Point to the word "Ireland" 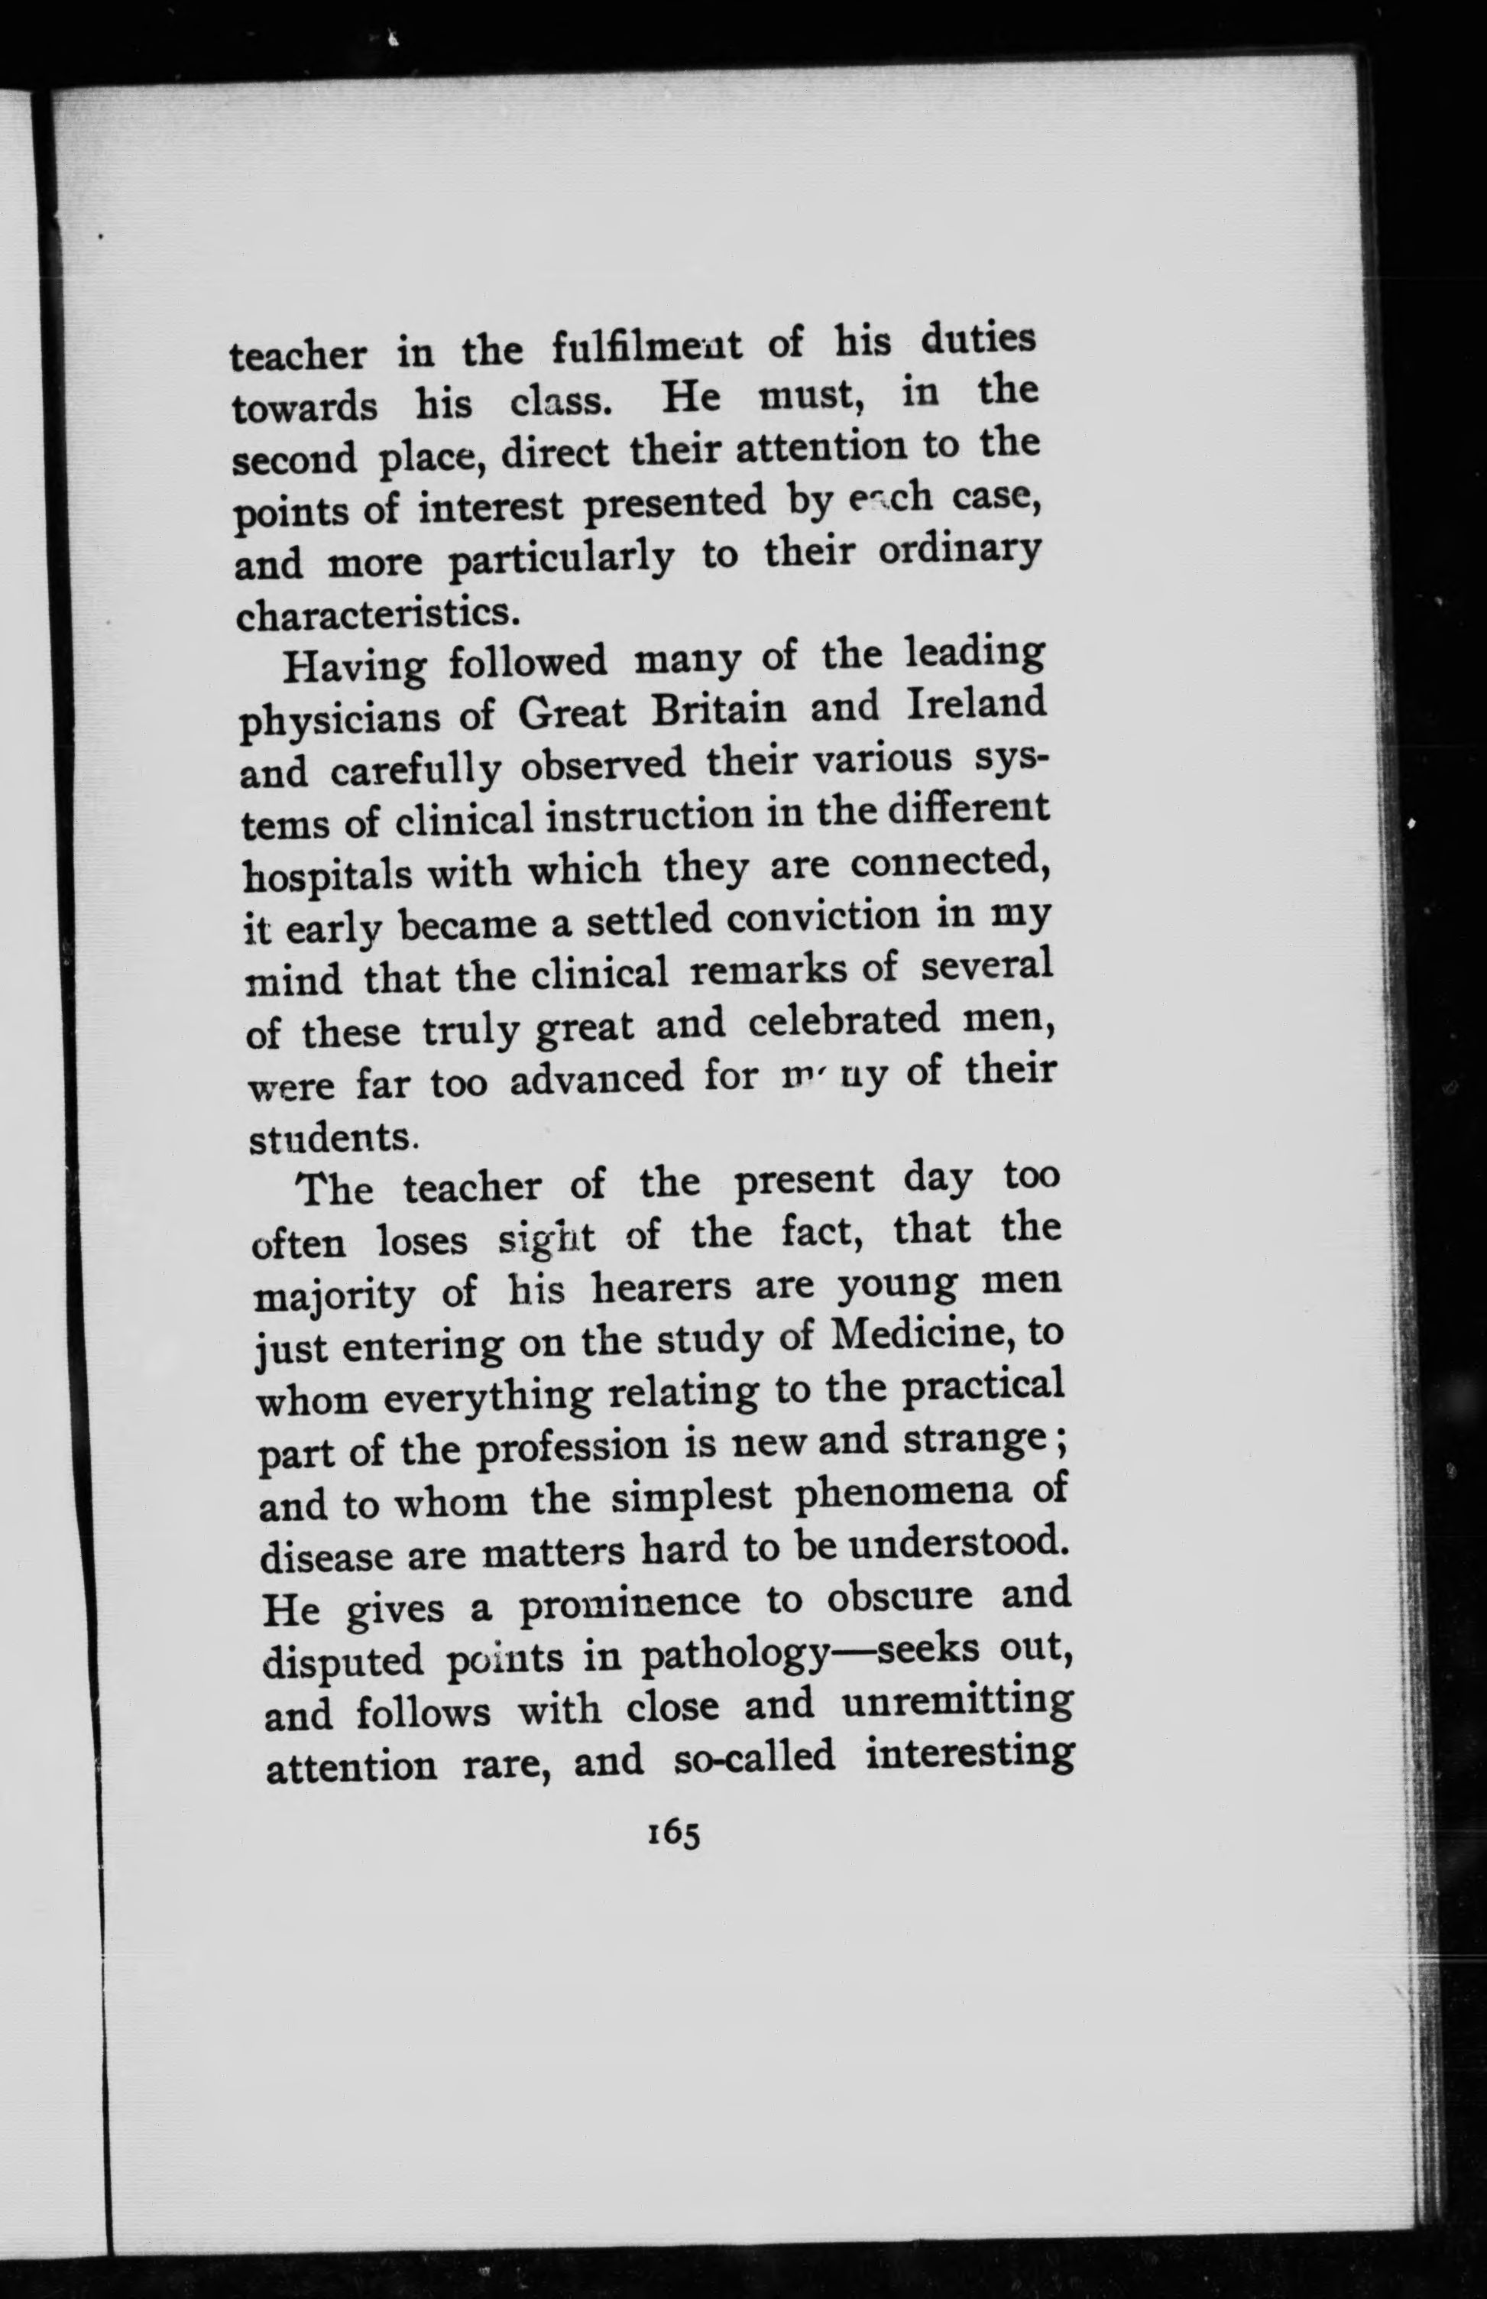click(x=977, y=704)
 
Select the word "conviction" click(x=821, y=920)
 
